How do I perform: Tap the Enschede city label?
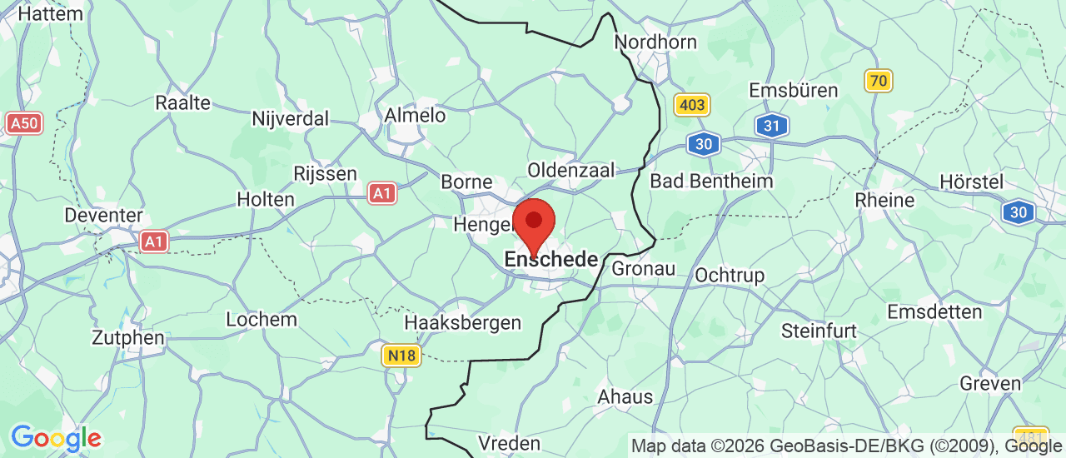(551, 260)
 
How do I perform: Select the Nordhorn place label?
(655, 42)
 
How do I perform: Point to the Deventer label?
(104, 215)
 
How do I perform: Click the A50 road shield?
(24, 124)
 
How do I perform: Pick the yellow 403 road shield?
(692, 105)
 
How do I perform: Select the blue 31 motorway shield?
(772, 126)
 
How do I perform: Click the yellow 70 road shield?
(879, 81)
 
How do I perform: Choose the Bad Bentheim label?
(711, 181)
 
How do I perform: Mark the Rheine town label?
(884, 201)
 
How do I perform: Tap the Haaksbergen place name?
(463, 322)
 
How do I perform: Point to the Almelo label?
(415, 116)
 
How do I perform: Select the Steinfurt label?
(819, 331)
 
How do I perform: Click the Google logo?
(56, 438)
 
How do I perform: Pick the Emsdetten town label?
(934, 311)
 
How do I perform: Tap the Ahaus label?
(625, 396)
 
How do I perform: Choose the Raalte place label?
(183, 103)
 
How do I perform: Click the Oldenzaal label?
(571, 170)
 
